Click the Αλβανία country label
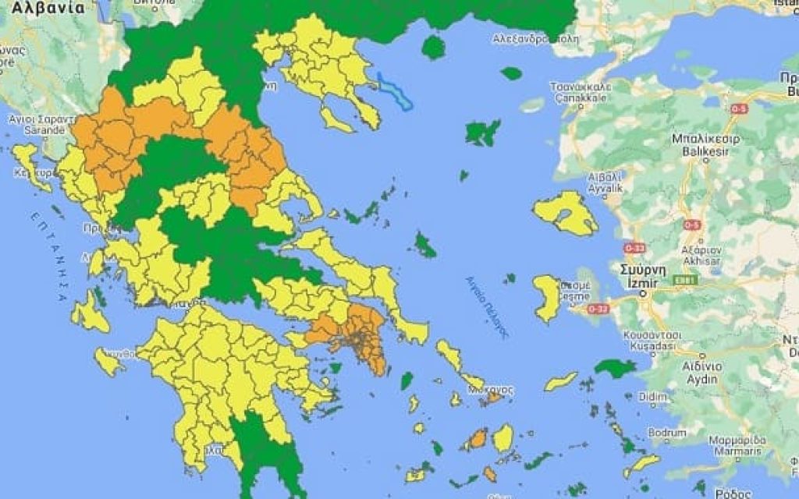click(x=48, y=9)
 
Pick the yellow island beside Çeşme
click(x=548, y=297)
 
